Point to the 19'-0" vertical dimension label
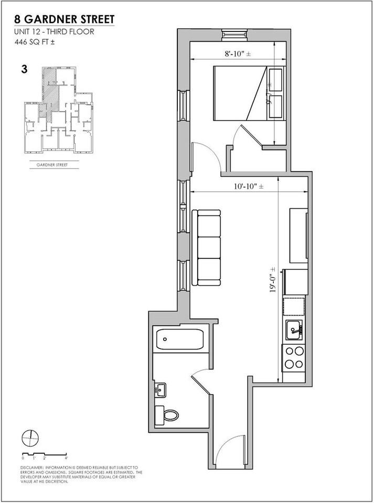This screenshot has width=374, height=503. click(273, 280)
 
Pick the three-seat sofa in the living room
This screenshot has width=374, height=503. click(207, 247)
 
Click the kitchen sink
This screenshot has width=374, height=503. click(294, 329)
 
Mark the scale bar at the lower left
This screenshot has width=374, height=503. click(45, 454)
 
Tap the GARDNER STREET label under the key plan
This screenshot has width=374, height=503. click(51, 165)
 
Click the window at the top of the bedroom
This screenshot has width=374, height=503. click(231, 34)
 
